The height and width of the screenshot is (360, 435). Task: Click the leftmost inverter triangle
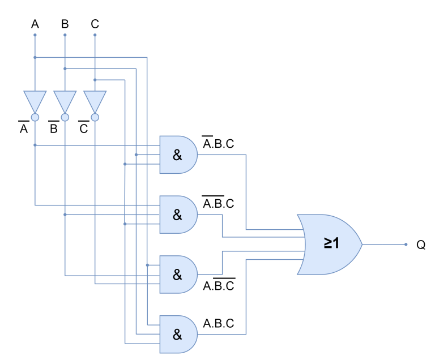tap(35, 101)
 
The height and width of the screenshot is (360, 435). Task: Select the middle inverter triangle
tap(65, 101)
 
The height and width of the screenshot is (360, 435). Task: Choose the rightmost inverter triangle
tap(95, 101)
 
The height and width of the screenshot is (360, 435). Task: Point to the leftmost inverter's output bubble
tap(35, 117)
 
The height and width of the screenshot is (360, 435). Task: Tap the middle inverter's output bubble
tap(65, 117)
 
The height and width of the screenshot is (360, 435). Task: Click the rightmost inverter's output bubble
tap(95, 117)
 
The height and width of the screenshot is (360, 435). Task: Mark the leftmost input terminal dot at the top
tap(35, 35)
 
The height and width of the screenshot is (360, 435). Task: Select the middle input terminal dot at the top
tap(65, 35)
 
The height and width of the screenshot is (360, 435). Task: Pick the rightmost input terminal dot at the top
tap(95, 35)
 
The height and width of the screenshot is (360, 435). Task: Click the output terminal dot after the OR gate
tap(406, 245)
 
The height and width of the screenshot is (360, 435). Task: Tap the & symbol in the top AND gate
tap(177, 155)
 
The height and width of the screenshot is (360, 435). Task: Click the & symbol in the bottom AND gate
tap(177, 335)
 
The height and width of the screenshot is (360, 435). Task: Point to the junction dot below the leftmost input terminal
tap(35, 57)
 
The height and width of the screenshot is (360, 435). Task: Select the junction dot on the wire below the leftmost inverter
tap(35, 145)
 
